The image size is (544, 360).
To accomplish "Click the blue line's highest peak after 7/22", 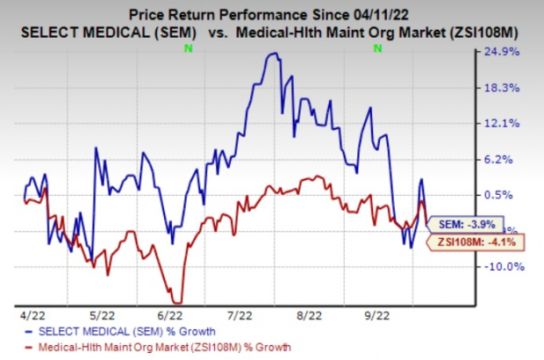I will pyautogui.click(x=275, y=54).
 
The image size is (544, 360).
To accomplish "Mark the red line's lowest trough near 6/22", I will pyautogui.click(x=178, y=303).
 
